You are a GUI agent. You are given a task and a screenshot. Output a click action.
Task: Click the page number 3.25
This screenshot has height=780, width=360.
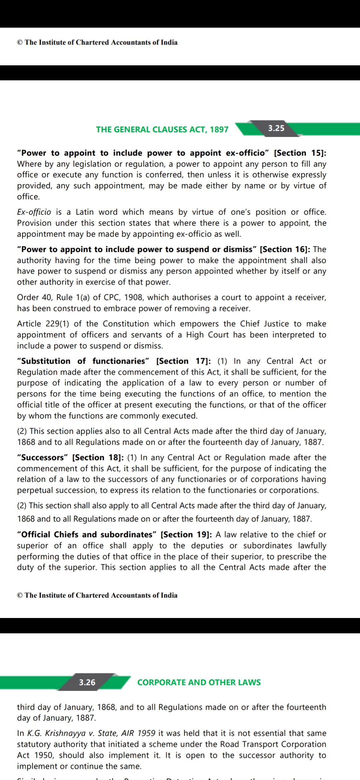pyautogui.click(x=276, y=128)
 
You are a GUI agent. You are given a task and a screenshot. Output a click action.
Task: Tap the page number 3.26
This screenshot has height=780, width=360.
pyautogui.click(x=87, y=682)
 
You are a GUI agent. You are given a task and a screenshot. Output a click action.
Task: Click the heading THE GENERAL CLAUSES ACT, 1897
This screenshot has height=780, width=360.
pyautogui.click(x=162, y=129)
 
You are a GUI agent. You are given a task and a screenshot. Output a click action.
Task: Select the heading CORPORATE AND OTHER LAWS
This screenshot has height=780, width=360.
pyautogui.click(x=199, y=682)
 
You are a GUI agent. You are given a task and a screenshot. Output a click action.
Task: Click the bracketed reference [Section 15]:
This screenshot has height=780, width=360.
pyautogui.click(x=300, y=153)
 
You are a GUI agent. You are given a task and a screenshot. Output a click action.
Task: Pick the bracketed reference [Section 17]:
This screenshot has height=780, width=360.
pyautogui.click(x=184, y=361)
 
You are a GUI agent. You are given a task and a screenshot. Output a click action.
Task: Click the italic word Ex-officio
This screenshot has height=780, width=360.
pyautogui.click(x=34, y=212)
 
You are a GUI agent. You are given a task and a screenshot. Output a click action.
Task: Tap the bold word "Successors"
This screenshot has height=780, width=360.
pyautogui.click(x=43, y=457)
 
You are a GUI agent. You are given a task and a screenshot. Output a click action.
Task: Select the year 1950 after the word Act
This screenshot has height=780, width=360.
pyautogui.click(x=44, y=755)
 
